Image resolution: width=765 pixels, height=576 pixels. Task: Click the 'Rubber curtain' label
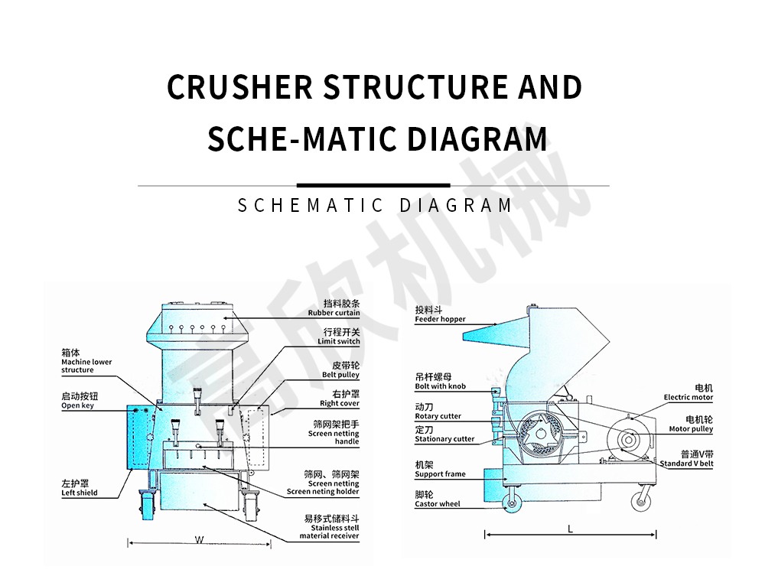334,313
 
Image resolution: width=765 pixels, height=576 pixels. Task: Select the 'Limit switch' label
338,341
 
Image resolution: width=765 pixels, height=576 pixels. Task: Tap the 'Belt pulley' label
340,375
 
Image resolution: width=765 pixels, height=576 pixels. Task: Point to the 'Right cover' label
339,403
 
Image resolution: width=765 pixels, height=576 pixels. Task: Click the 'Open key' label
78,405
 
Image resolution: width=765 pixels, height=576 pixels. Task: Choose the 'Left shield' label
80,493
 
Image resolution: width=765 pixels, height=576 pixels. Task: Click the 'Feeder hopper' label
440,319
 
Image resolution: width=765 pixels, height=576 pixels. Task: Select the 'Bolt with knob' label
440,386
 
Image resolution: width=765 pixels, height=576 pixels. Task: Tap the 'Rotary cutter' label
438,416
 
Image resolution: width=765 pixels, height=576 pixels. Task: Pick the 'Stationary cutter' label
444,439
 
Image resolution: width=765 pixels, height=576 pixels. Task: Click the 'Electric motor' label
688,397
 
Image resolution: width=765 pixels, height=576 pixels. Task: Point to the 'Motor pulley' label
691,429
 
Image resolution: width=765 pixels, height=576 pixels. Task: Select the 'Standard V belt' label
686,464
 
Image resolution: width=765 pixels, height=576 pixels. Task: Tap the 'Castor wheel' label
438,504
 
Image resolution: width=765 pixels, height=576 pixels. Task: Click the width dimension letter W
199,540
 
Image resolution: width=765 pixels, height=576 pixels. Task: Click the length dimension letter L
570,529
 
